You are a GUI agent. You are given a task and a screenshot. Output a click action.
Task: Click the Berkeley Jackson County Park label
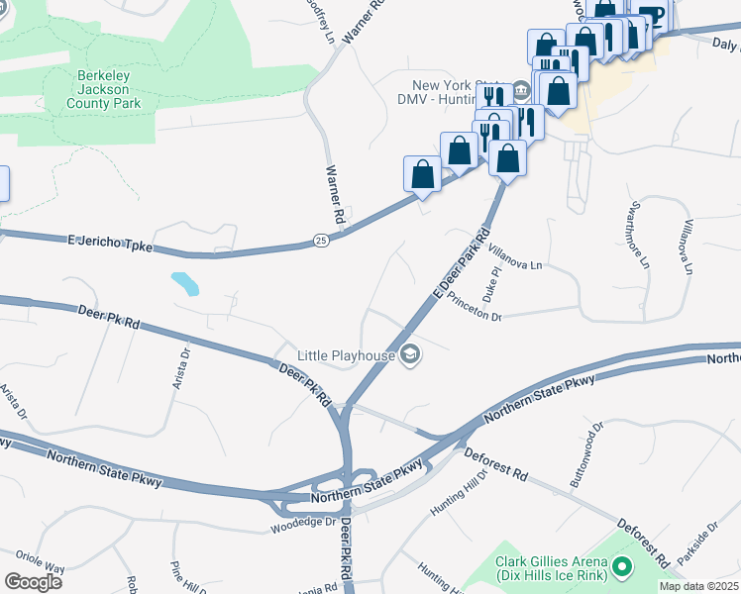point(109,89)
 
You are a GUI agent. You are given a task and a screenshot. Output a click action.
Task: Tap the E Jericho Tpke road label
point(110,243)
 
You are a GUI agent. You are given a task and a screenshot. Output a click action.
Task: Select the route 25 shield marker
point(320,240)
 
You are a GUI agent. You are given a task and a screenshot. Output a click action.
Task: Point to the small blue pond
point(184,284)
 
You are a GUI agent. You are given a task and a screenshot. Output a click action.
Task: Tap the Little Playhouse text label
point(345,354)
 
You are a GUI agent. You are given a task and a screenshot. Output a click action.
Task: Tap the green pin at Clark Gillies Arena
point(621,567)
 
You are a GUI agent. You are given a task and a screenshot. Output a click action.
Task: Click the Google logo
point(33,581)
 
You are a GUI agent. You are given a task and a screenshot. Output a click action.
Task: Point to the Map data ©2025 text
point(697,586)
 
